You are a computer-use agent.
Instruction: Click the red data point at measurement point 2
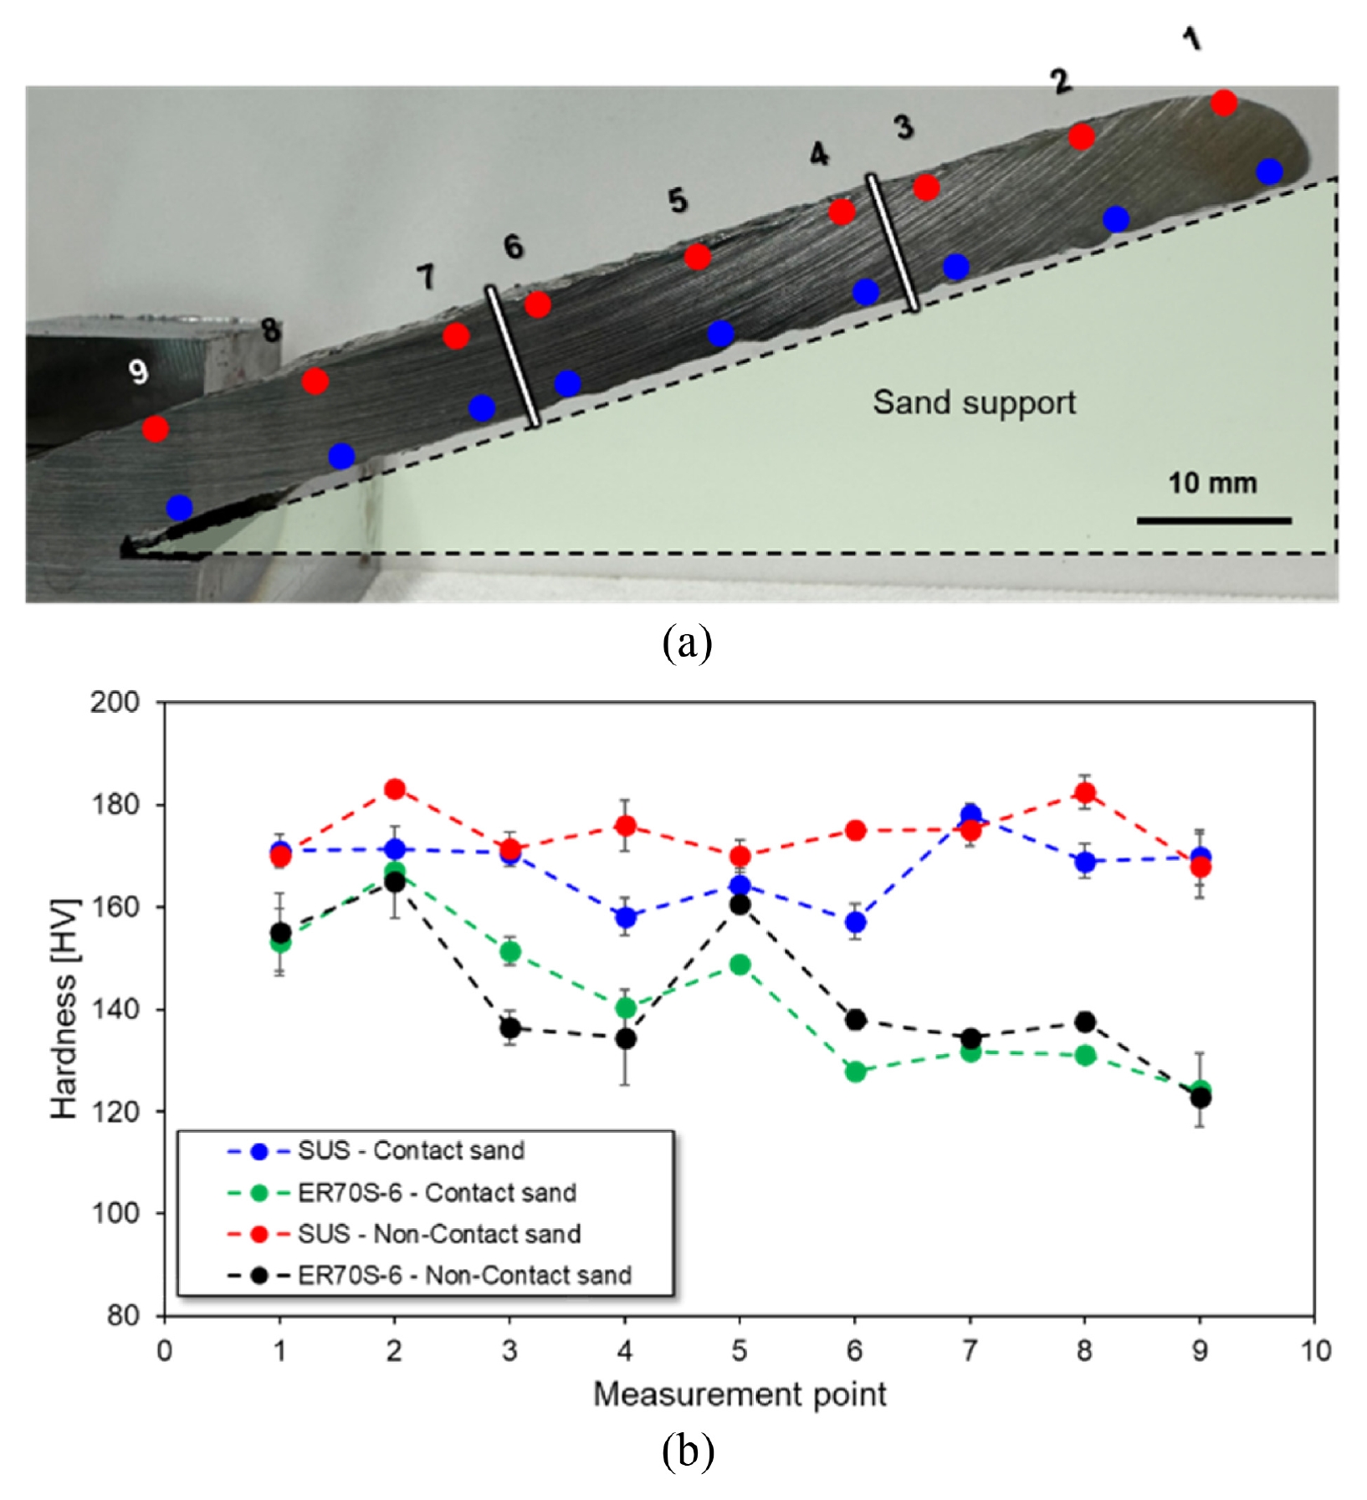pyautogui.click(x=395, y=789)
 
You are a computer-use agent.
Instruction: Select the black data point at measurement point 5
pyautogui.click(x=740, y=904)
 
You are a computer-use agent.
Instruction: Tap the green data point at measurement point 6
pyautogui.click(x=855, y=1072)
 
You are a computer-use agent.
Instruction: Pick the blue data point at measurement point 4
pyautogui.click(x=625, y=917)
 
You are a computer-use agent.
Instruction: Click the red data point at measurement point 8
pyautogui.click(x=1085, y=793)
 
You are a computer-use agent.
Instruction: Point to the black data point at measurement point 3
pyautogui.click(x=509, y=1028)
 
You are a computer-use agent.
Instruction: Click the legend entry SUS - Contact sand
pyautogui.click(x=376, y=1151)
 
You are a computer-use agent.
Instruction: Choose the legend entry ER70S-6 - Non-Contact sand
pyautogui.click(x=429, y=1276)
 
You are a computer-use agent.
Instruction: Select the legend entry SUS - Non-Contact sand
pyautogui.click(x=404, y=1234)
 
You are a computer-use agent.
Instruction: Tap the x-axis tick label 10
pyautogui.click(x=1314, y=1350)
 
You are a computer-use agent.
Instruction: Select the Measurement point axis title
pyautogui.click(x=740, y=1395)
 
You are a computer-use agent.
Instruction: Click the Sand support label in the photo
pyautogui.click(x=975, y=402)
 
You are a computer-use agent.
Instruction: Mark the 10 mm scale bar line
pyautogui.click(x=1214, y=520)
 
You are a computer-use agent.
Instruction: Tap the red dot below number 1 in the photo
pyautogui.click(x=1224, y=103)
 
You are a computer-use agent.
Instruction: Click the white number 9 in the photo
pyautogui.click(x=139, y=371)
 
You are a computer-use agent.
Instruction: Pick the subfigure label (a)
pyautogui.click(x=687, y=643)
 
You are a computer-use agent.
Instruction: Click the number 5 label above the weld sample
pyautogui.click(x=678, y=201)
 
